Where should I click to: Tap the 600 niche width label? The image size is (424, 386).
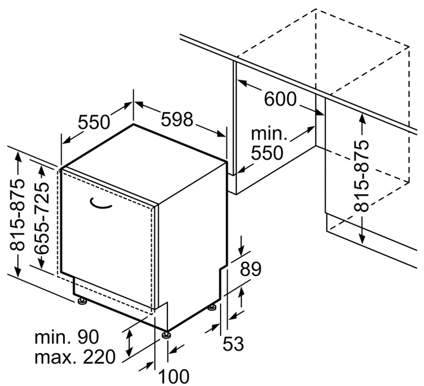pos(281,99)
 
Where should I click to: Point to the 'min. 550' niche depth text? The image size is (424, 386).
pos(267,143)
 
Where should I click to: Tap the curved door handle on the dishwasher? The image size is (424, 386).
pos(100,203)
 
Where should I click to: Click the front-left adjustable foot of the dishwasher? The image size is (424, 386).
pos(82,300)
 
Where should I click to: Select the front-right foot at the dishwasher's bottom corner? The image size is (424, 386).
pos(167,333)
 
